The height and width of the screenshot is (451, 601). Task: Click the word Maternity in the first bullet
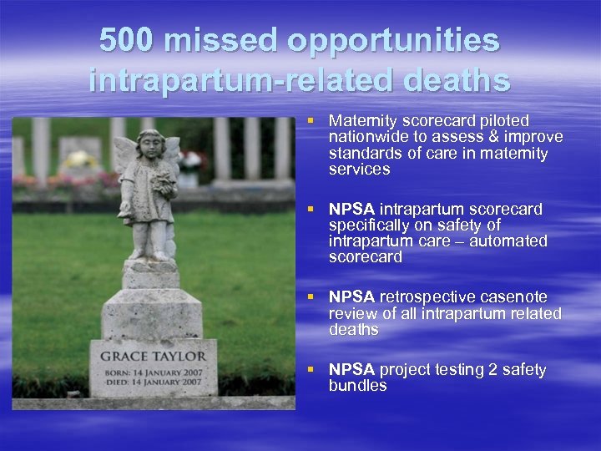tap(360, 121)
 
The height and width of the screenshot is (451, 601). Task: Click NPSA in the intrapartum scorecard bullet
tap(351, 209)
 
